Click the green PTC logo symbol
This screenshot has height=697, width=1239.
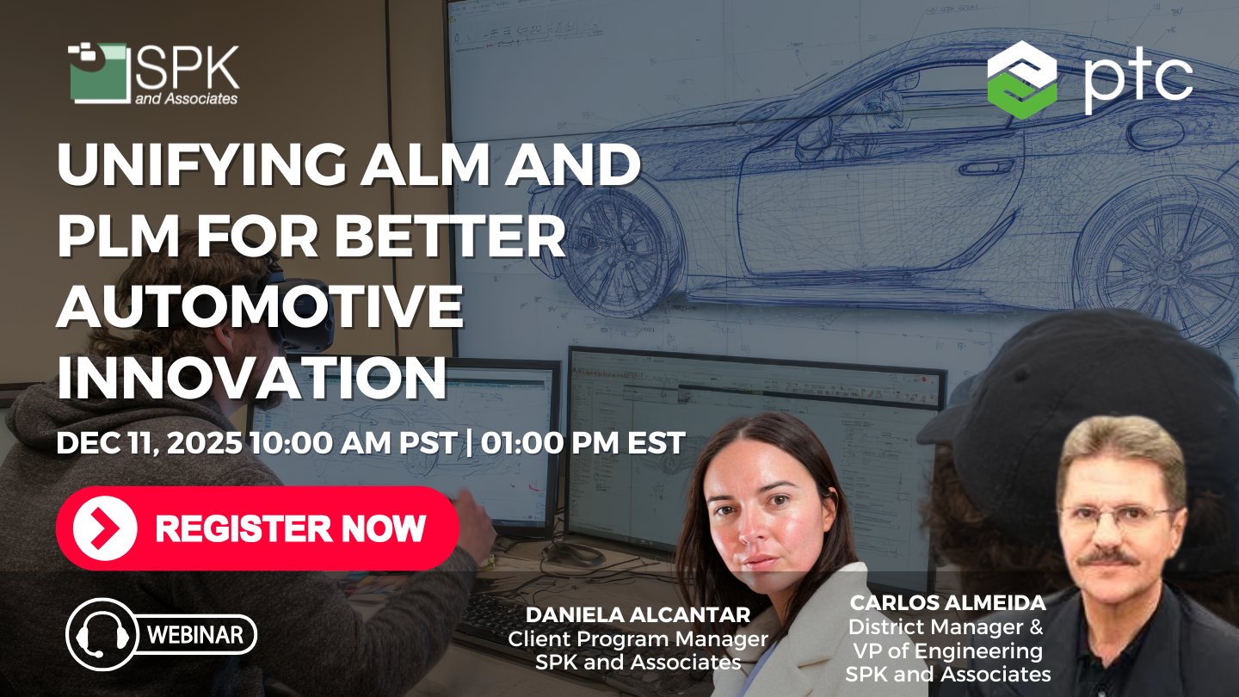tap(1021, 79)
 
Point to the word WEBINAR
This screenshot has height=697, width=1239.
tap(201, 636)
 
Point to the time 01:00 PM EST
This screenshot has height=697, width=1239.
tap(583, 443)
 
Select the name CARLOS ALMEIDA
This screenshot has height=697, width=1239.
tap(947, 602)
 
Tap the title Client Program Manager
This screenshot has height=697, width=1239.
tap(638, 639)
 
